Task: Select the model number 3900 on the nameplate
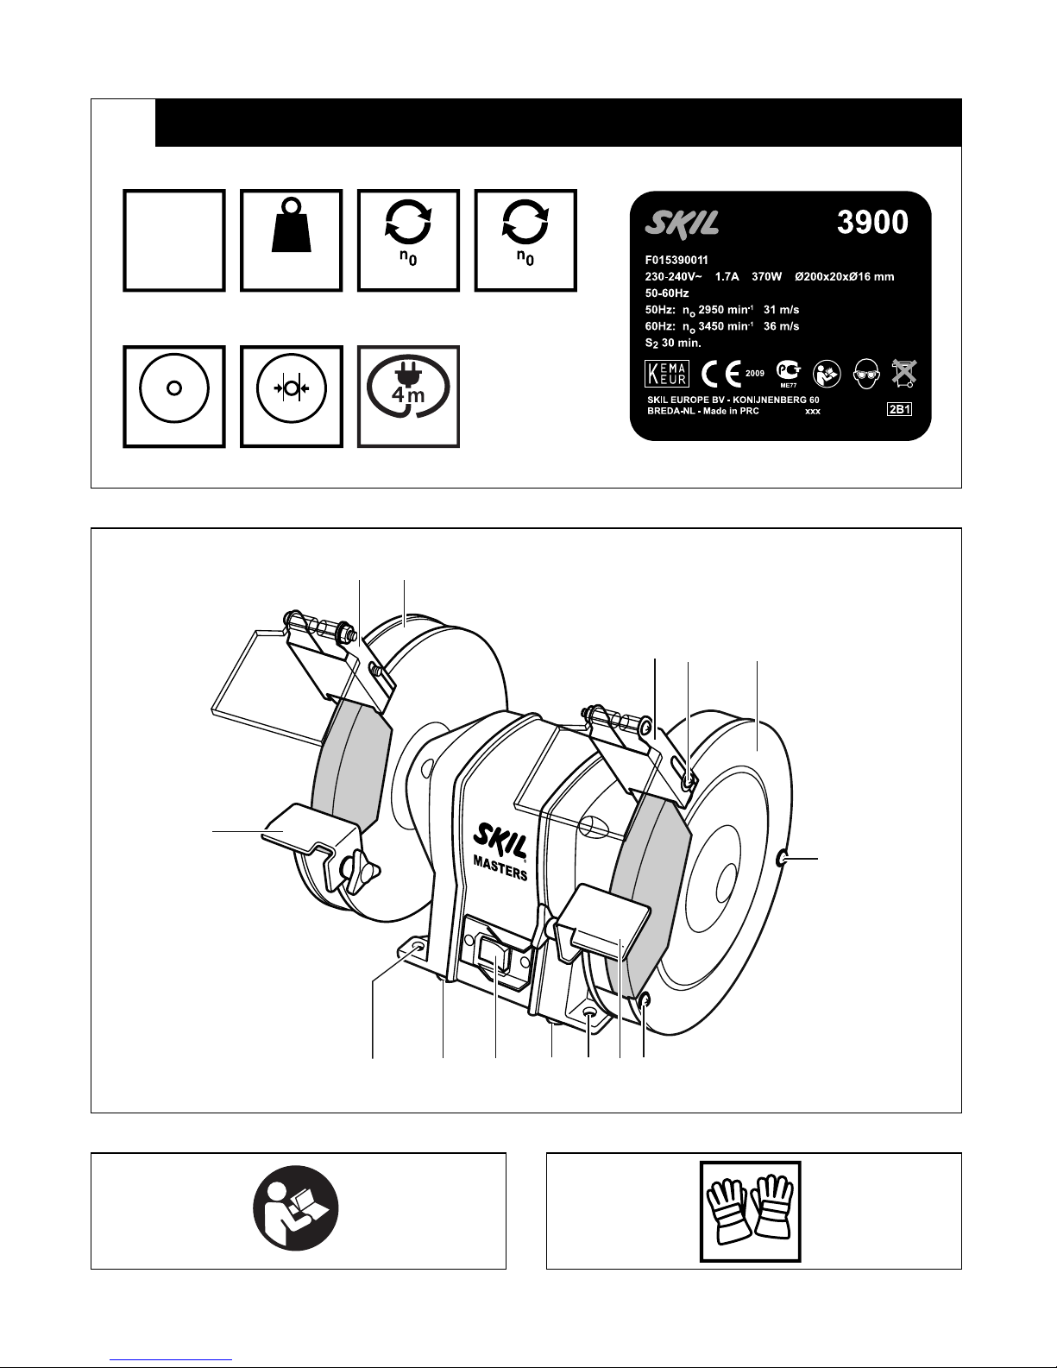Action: point(872,222)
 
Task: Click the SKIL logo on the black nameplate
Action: point(682,224)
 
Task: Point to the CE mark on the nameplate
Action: point(721,375)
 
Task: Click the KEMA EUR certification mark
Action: point(667,374)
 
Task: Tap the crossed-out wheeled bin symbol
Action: point(904,374)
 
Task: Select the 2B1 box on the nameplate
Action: point(899,410)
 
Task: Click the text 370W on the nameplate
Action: point(766,276)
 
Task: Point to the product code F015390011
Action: point(676,260)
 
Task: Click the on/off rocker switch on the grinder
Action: point(494,955)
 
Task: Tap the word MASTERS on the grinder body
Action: point(500,869)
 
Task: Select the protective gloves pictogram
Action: point(750,1212)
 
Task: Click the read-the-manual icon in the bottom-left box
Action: point(296,1208)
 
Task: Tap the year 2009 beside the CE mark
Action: point(755,374)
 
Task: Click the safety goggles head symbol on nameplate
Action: point(866,374)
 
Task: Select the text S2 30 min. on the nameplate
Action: point(672,344)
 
